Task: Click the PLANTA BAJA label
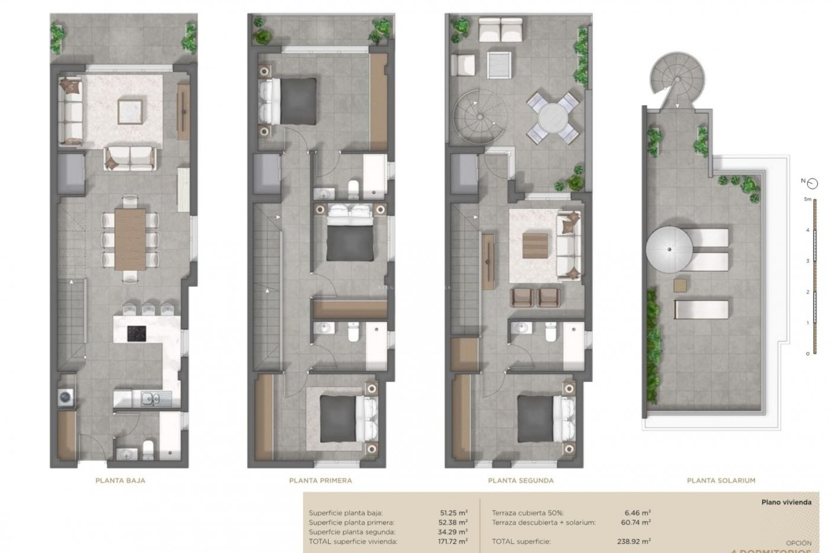pos(120,480)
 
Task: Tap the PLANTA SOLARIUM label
pos(721,480)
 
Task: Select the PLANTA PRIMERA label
pos(320,480)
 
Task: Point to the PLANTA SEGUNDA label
pos(521,480)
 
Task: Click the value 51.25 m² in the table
pos(454,513)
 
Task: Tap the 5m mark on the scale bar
pos(807,200)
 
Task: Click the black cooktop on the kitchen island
pos(136,334)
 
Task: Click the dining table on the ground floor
pos(130,239)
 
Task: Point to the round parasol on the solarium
pos(669,250)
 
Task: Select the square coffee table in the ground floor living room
pos(130,112)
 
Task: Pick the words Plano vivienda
pos(786,502)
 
